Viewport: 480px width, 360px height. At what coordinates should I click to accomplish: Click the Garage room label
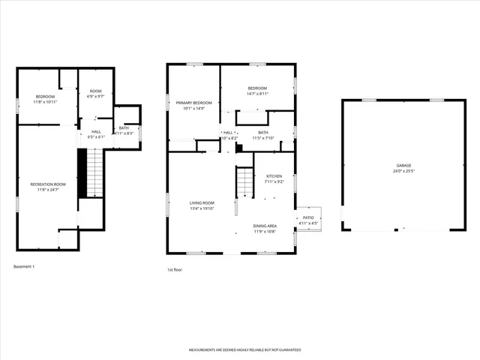pos(403,165)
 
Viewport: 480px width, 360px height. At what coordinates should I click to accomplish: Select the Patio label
pos(308,218)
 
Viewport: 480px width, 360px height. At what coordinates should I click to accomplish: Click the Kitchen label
pos(274,176)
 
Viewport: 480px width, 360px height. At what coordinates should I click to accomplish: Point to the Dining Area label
pos(265,226)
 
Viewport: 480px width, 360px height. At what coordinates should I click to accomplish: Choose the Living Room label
pos(202,203)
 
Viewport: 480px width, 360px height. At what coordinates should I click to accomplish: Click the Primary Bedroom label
pos(193,103)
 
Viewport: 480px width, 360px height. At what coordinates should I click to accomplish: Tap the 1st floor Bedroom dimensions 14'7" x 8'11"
pos(257,94)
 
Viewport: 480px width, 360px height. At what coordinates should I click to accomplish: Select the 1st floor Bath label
pos(263,133)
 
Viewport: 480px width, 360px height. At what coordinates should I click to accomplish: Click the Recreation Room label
pos(48,184)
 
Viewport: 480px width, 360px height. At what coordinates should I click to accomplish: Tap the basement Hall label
pos(97,132)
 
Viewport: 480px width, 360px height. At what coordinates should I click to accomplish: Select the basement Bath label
pos(123,128)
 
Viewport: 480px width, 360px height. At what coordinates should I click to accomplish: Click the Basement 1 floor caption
pos(25,266)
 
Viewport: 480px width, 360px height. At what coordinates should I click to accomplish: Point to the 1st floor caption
pos(175,270)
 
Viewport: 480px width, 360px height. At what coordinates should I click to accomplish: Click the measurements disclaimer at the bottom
pos(244,350)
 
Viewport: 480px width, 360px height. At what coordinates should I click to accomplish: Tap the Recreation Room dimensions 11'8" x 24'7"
pos(48,189)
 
